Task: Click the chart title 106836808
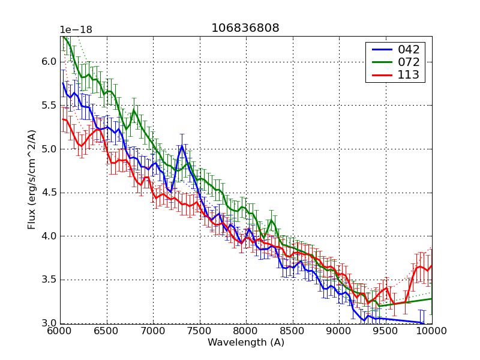coord(245,28)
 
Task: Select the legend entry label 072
coord(409,62)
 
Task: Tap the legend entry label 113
coord(409,75)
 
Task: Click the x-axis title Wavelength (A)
coord(246,343)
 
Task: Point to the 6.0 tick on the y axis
coord(49,62)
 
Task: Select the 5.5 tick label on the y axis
coord(49,105)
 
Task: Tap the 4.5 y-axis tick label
coord(49,193)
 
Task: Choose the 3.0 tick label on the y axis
coord(49,323)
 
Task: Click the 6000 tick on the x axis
coord(60,332)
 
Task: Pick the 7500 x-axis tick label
coord(199,332)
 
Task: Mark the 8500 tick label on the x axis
coord(292,332)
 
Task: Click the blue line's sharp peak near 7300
coord(181,145)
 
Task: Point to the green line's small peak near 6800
coord(134,110)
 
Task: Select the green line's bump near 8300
coord(271,221)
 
